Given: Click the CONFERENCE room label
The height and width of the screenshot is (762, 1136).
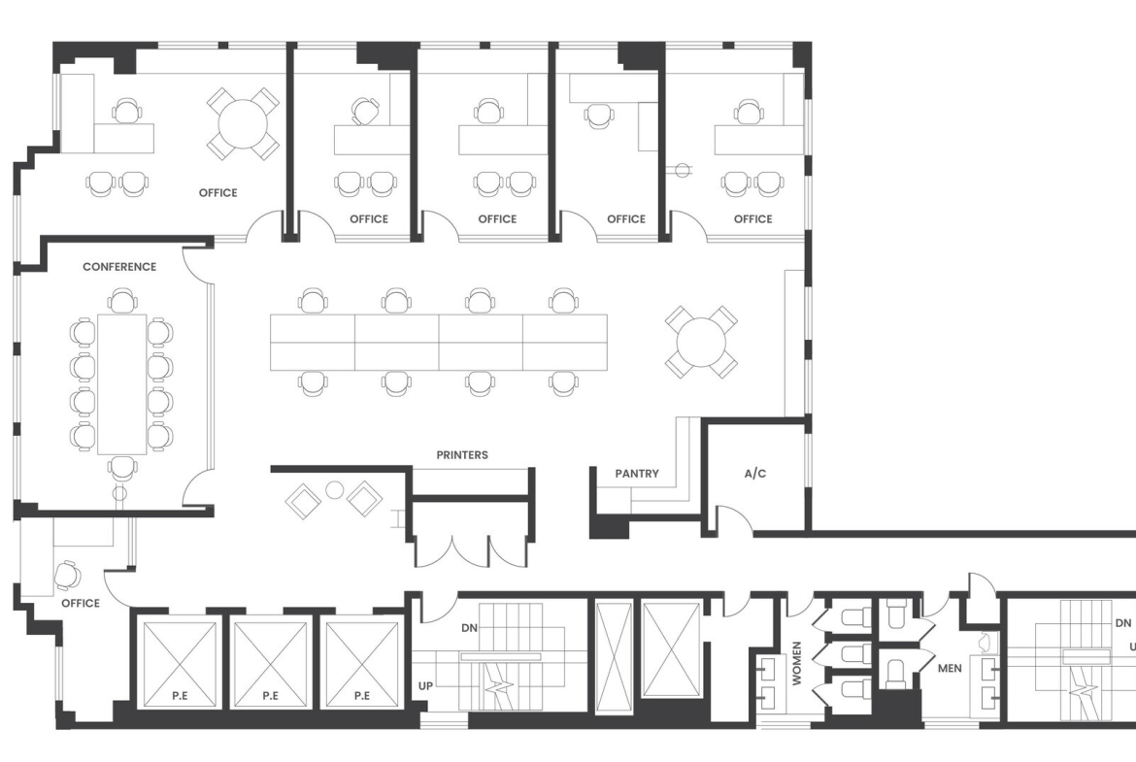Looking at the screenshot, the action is point(119,267).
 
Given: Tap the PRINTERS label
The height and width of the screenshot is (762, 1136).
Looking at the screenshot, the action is point(462,455).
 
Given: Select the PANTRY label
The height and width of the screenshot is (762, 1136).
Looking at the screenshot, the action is point(637,474).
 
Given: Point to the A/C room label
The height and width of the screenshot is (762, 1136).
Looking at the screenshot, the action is point(755,474).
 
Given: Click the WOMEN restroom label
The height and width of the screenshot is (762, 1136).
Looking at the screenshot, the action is point(797,664).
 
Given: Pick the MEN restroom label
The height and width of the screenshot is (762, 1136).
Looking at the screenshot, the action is point(950,668).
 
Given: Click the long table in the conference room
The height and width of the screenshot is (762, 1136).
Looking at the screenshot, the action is point(121,383).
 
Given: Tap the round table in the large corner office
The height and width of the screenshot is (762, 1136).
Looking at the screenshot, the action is point(243,124).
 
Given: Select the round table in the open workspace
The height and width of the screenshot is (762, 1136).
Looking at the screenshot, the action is point(701,342).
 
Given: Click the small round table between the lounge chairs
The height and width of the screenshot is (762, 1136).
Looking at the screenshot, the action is point(334,490).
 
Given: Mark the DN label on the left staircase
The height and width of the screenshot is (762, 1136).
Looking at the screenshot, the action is point(470,628).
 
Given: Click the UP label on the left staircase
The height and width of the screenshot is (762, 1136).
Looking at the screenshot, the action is point(425,686).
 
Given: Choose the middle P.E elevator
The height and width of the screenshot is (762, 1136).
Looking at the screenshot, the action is point(270,664).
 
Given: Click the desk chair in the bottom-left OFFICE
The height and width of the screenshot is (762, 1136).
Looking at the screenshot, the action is point(67,575).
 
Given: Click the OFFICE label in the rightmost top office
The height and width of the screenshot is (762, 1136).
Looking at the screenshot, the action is point(752,218).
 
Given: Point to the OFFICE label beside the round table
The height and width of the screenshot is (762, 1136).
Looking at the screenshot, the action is point(218,192).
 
